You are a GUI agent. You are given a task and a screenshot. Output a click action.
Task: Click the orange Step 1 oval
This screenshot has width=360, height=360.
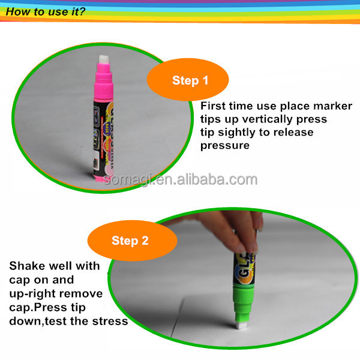188,79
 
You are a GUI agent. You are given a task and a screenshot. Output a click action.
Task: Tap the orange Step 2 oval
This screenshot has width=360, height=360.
132,241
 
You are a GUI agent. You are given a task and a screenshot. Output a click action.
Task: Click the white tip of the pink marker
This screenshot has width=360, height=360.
104,59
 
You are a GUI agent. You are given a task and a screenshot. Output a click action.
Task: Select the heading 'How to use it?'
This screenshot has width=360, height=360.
46,11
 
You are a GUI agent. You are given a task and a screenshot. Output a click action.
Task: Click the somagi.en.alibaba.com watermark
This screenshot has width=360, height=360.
180,180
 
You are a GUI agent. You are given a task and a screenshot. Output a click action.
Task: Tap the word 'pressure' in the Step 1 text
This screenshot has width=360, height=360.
225,146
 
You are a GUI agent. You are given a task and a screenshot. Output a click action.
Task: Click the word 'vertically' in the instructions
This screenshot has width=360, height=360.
268,119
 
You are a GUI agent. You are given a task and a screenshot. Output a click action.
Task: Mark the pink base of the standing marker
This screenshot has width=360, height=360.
101,178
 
